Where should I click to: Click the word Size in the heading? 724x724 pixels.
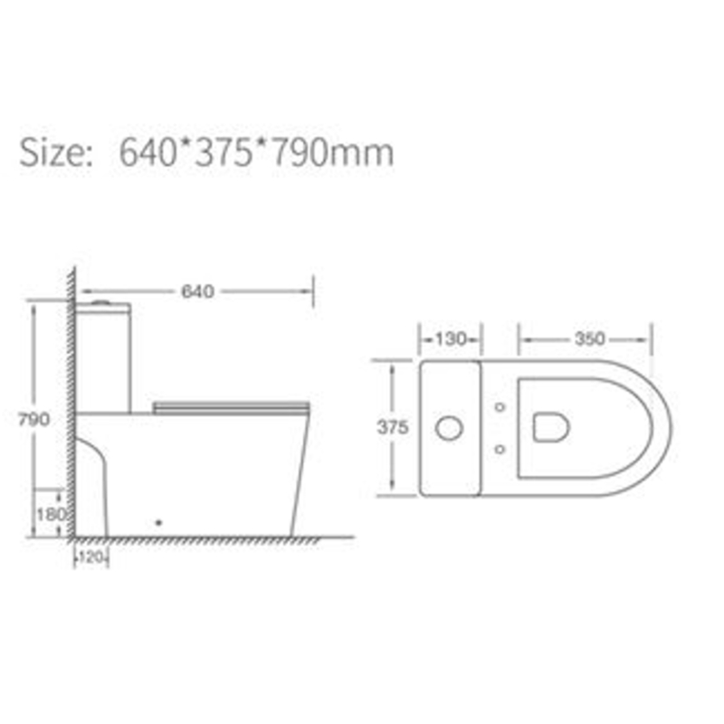point(55,152)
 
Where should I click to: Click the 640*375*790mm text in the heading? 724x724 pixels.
point(256,153)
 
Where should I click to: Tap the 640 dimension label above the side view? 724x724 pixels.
point(197,291)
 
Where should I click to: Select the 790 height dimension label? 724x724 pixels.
point(33,419)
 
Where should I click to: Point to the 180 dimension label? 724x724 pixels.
point(52,514)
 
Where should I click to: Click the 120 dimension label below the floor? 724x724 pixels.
point(91,557)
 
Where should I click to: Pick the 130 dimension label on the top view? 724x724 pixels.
point(451,339)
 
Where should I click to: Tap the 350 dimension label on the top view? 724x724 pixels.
point(590,338)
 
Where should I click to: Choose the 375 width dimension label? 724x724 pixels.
point(393,427)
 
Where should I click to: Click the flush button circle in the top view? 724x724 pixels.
point(449,428)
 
